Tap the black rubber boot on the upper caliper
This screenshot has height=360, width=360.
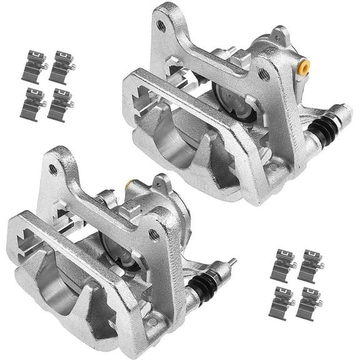321,129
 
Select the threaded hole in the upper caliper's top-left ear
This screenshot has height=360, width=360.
161,26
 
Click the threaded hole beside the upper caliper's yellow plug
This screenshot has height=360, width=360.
264,74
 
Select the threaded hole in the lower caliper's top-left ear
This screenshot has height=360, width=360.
53,169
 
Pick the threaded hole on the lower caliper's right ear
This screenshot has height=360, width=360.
154,234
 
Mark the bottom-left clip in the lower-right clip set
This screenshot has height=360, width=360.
282,303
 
